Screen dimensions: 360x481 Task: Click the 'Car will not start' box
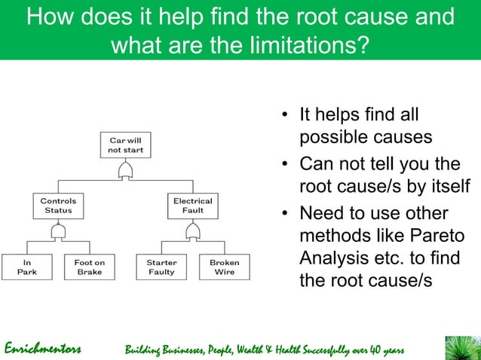125,145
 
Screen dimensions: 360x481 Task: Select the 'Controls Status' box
58,206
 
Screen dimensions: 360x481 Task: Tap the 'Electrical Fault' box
193,206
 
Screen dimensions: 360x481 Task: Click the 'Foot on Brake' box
89,267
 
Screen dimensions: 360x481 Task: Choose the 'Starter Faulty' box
161,267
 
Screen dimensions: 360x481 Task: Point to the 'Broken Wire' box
224,267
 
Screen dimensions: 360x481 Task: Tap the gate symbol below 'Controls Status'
58,232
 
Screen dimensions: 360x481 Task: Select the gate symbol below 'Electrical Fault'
193,232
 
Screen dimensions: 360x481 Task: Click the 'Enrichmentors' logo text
43,349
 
